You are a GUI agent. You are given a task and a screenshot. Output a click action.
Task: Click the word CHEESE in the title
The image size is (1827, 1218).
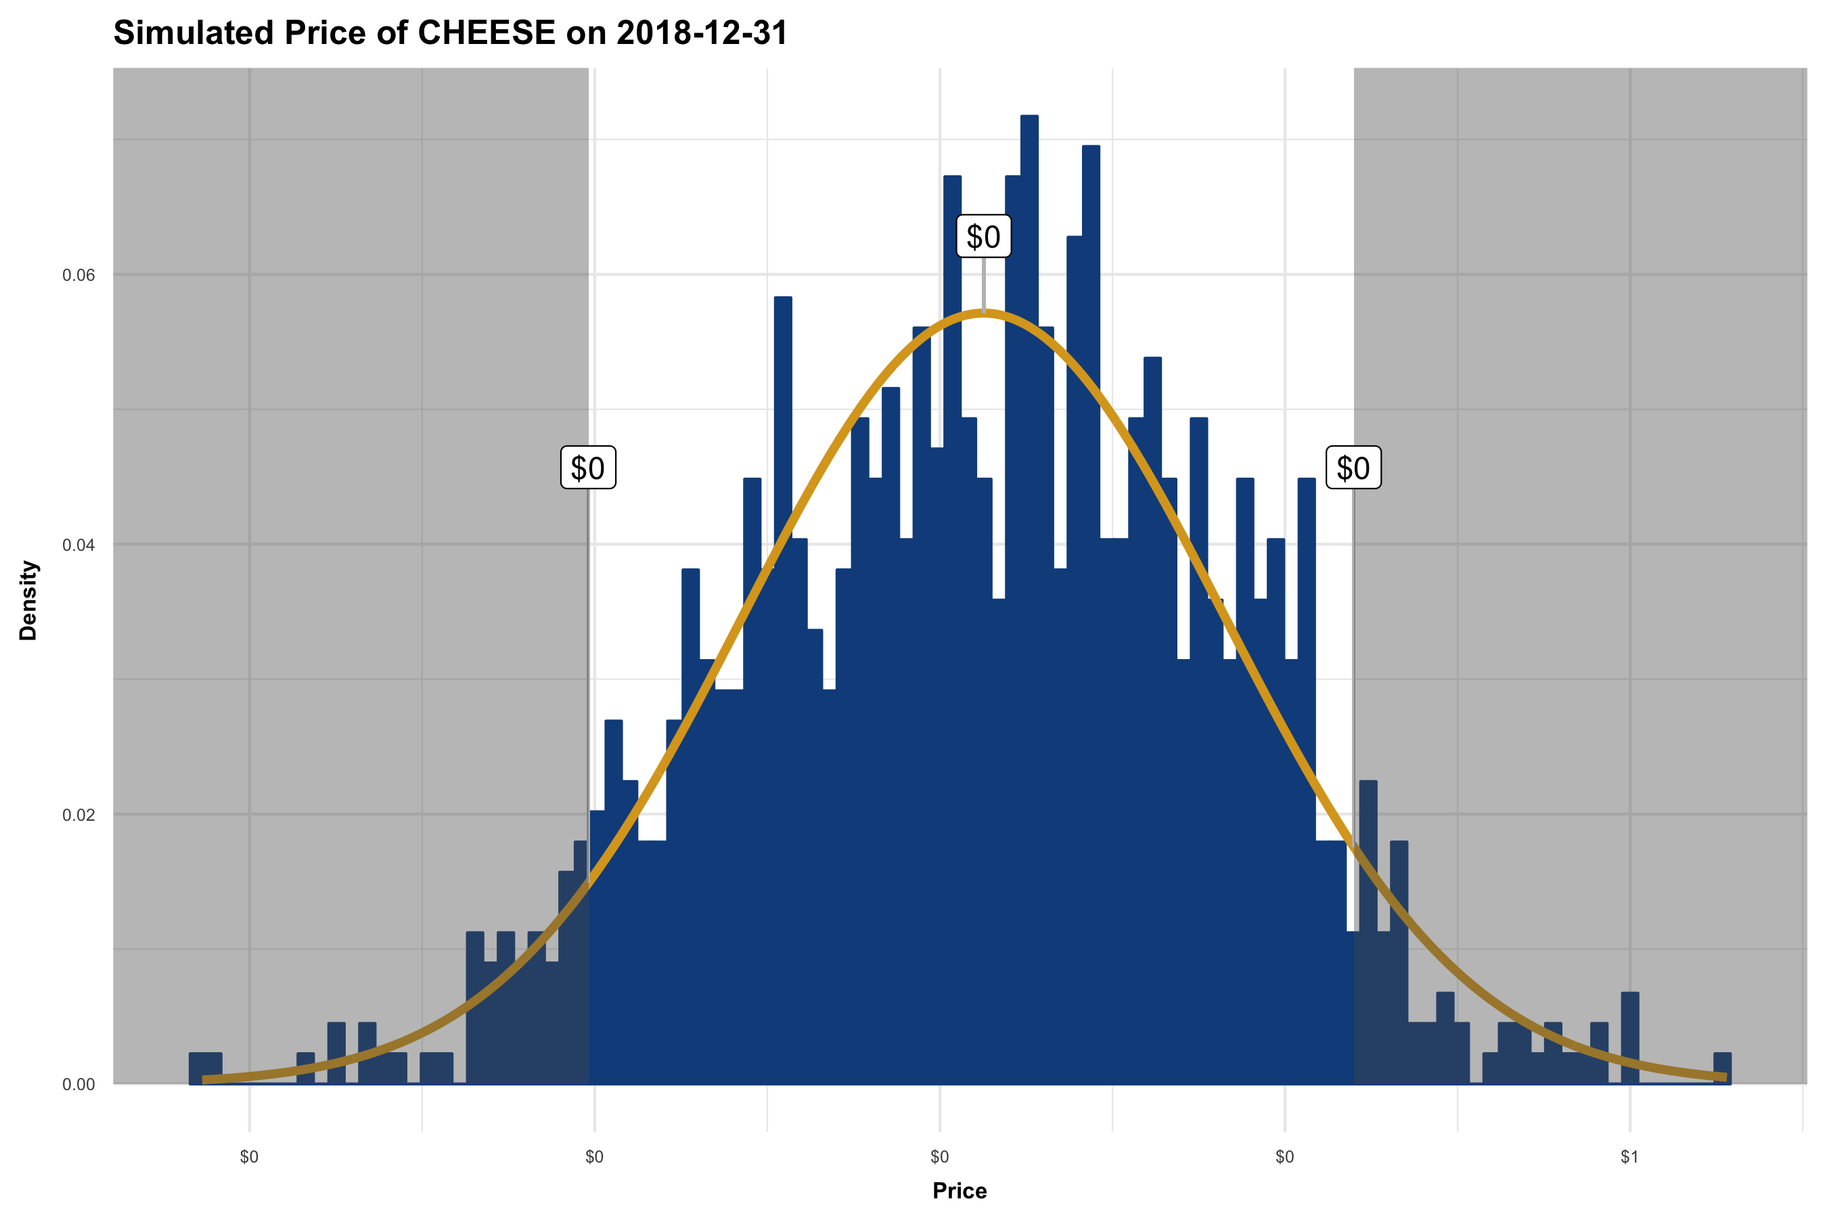coord(487,33)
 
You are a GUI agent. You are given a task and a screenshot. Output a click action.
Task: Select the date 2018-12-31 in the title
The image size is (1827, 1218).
coord(702,33)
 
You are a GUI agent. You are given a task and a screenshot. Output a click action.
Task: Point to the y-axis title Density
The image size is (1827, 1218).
coord(28,600)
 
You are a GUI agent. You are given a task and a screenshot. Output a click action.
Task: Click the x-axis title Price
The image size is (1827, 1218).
coord(960,1191)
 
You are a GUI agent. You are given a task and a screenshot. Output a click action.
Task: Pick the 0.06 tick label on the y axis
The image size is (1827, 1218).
coord(78,275)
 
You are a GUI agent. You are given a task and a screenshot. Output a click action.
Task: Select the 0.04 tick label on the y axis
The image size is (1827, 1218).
coord(78,545)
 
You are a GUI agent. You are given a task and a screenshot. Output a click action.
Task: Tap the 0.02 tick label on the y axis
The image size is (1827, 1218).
coord(78,815)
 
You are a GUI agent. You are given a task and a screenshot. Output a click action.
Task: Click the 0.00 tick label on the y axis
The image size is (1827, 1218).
coord(78,1085)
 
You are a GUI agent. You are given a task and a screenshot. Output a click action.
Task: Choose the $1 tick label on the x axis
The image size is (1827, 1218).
coord(1629,1157)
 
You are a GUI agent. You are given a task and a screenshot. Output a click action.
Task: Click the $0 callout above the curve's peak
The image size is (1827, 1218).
coord(983,236)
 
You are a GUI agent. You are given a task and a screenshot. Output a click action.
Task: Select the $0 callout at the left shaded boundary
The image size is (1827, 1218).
coord(588,468)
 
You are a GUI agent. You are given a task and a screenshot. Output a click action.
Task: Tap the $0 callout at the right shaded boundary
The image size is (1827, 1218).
coord(1353,468)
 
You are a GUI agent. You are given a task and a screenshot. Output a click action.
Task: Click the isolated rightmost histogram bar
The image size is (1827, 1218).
coord(1722,1069)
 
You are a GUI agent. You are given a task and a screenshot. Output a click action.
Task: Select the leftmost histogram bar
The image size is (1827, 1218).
coord(206,1069)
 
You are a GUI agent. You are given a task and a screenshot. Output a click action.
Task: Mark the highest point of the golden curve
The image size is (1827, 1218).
coord(983,312)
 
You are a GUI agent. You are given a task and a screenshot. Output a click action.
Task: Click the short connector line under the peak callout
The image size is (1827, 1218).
coord(983,284)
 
